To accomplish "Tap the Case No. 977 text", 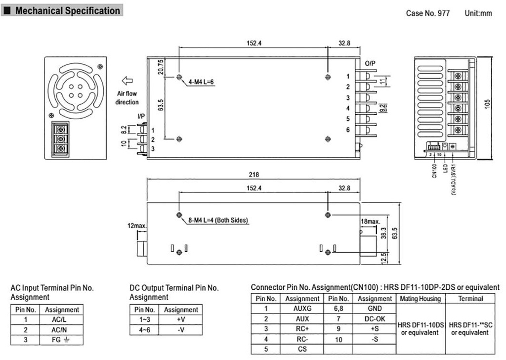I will [x=428, y=13].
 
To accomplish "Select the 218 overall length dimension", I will [x=253, y=175].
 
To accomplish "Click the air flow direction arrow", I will [x=127, y=80].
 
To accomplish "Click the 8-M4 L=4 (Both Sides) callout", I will [x=217, y=220].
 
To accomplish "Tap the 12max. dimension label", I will [x=137, y=226].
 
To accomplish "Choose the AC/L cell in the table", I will [x=62, y=319].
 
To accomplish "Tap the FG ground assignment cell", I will [x=62, y=340].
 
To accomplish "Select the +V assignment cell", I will [x=180, y=319].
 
